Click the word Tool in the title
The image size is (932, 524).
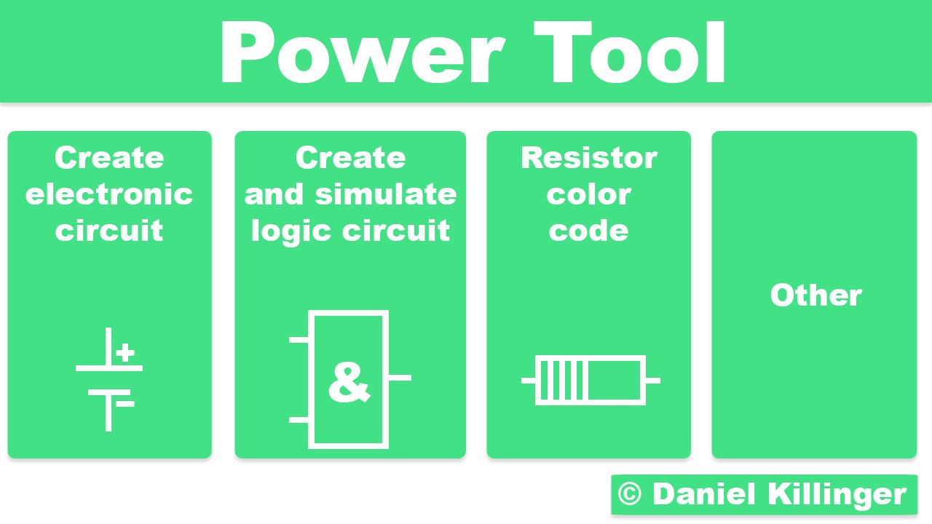click(631, 52)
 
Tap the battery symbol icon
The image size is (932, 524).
click(108, 379)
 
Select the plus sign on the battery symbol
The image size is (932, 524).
click(125, 353)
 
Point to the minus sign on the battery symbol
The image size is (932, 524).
click(125, 403)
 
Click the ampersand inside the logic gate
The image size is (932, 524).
click(348, 381)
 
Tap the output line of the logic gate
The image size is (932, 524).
click(400, 378)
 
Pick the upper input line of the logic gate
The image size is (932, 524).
click(299, 339)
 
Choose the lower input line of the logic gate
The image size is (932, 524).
click(299, 420)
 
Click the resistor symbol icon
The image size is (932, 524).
click(591, 380)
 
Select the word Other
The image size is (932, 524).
click(815, 295)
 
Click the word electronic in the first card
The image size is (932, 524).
click(109, 194)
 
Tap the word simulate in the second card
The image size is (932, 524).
click(386, 194)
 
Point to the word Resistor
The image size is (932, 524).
click(588, 158)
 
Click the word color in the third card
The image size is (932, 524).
click(588, 194)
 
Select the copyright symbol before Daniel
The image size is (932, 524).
click(630, 494)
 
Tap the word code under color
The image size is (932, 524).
click(588, 231)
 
